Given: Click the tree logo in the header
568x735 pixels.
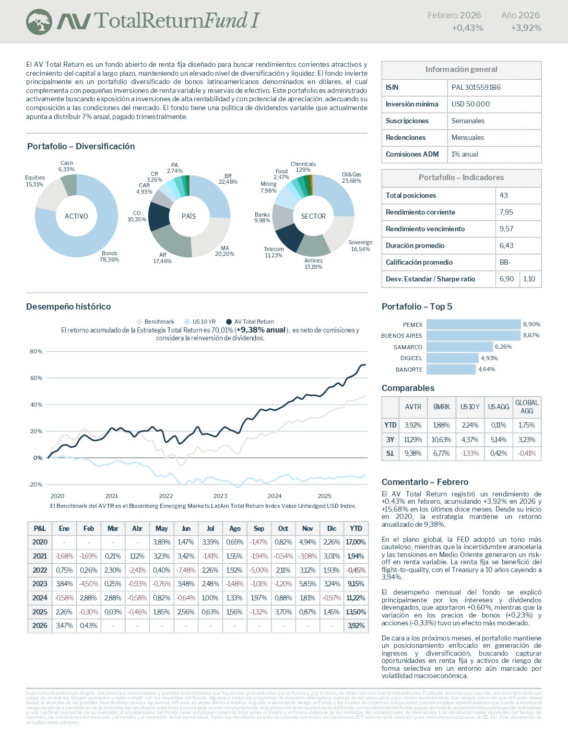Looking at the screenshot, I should tap(39, 22).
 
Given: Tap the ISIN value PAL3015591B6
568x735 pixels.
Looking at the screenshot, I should tap(476, 87).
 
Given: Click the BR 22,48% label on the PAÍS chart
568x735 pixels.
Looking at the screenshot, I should tap(228, 179).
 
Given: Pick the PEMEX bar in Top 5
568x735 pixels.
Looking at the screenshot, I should tap(474, 324).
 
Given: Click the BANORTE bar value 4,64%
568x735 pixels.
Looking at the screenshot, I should tap(487, 369).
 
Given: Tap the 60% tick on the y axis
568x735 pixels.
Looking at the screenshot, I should tap(36, 378).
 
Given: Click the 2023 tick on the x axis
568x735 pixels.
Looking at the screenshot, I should tap(220, 496).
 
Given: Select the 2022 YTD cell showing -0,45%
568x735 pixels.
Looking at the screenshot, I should tap(356, 570).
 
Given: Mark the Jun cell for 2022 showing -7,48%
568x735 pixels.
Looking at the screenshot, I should tap(186, 570).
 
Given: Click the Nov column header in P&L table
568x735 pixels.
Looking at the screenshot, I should tap(307, 528).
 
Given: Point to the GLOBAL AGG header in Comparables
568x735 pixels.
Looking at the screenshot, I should tap(527, 407).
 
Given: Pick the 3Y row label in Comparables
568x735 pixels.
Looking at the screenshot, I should tap(390, 440).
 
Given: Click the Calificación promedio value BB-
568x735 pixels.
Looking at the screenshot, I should tap(505, 262).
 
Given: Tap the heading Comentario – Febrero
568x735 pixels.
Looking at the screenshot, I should tap(425, 482).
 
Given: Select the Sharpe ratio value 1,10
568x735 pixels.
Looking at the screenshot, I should tap(529, 279).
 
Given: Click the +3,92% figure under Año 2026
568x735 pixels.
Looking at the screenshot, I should tap(526, 28).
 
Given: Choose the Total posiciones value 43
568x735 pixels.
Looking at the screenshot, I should tap(504, 195).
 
